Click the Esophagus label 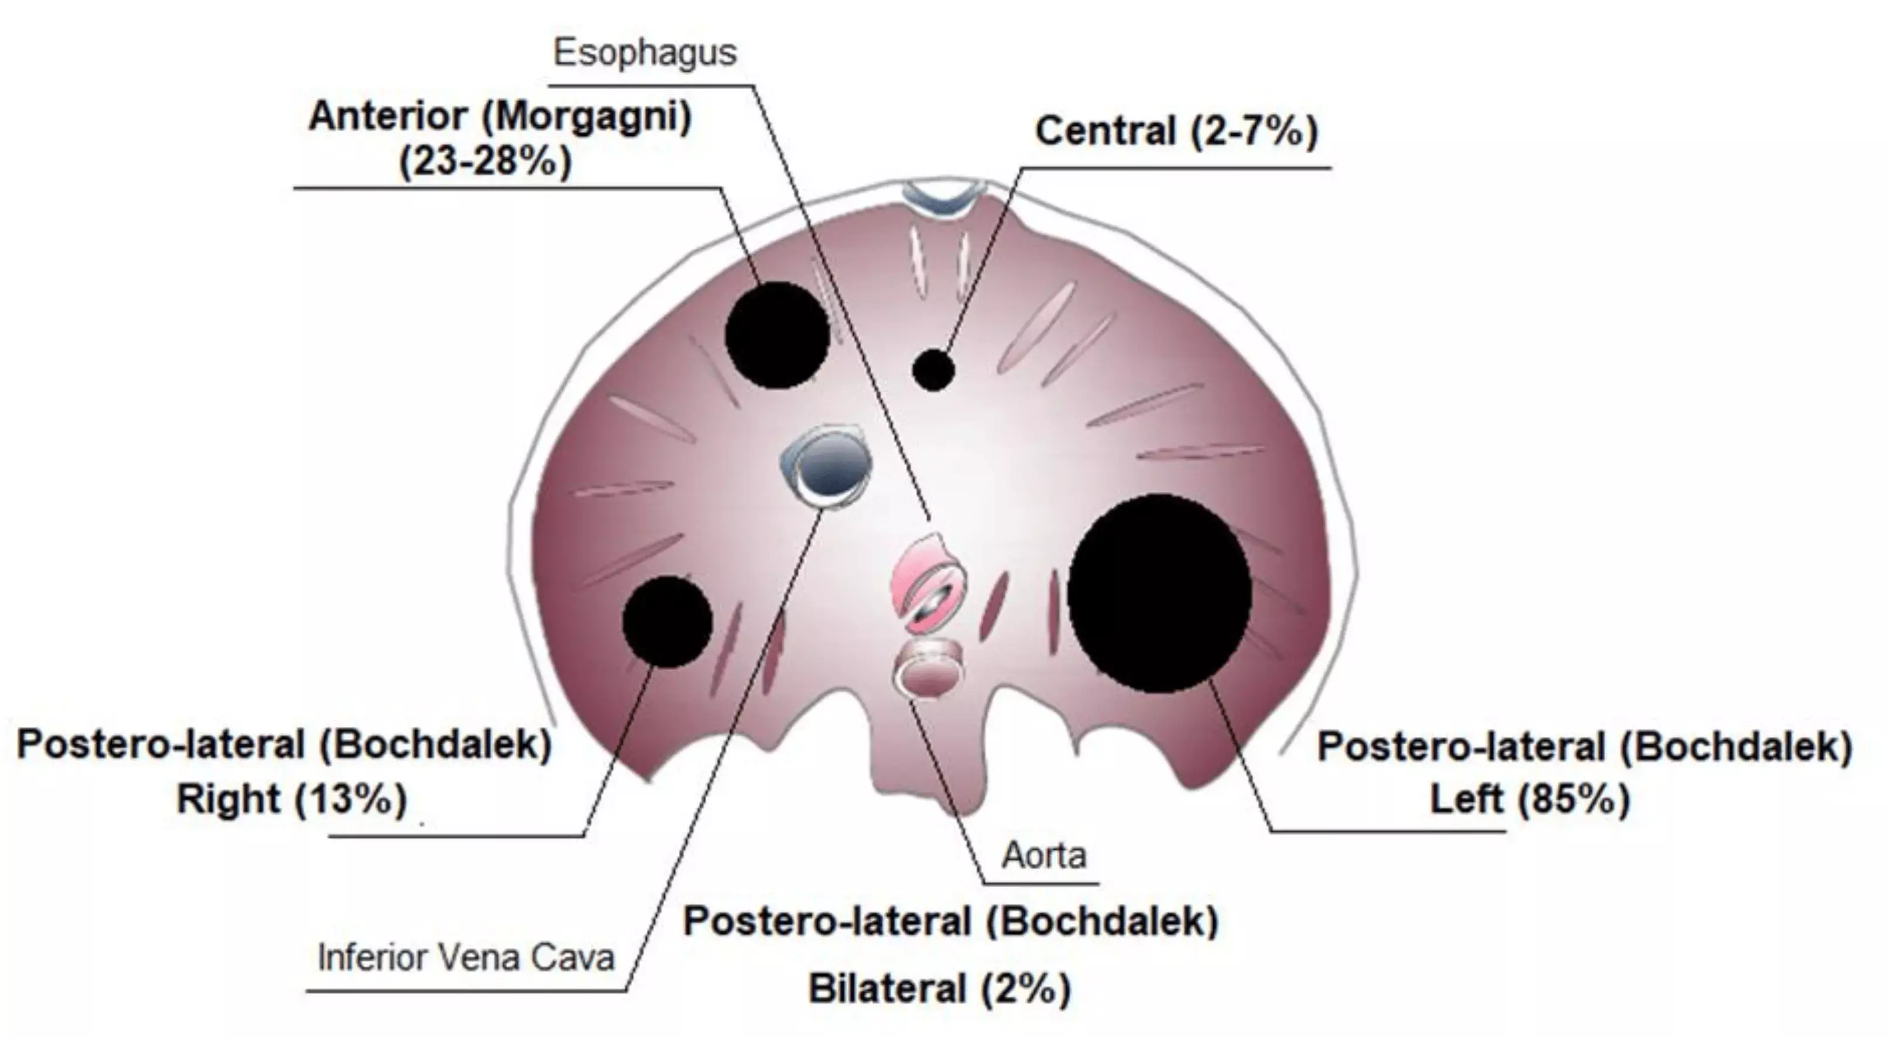point(644,53)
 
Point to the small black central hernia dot point(933,370)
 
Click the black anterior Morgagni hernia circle point(777,335)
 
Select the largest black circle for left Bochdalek point(1159,593)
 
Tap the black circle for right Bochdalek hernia point(667,622)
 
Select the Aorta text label point(1043,855)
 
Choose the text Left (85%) point(1530,799)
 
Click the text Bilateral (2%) point(939,988)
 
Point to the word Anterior point(388,116)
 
